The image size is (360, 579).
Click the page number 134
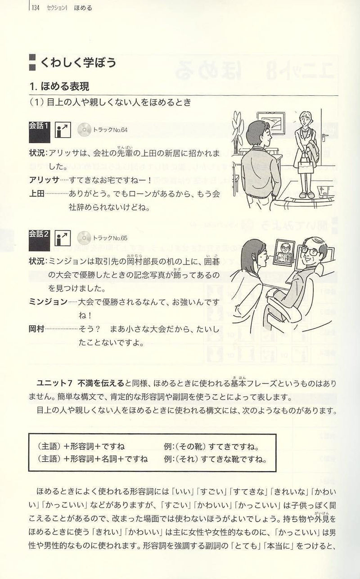point(35,8)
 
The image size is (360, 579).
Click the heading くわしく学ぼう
point(78,63)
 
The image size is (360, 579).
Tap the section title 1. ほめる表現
point(59,86)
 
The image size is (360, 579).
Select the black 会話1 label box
point(39,132)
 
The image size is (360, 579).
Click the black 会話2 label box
point(39,241)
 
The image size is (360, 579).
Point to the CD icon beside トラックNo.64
point(84,130)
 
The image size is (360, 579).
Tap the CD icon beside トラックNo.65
point(84,238)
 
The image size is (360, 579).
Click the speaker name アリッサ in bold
point(44,180)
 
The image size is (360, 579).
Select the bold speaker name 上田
point(37,193)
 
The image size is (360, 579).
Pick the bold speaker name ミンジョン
point(48,301)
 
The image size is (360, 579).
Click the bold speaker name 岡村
point(36,329)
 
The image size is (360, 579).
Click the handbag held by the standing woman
point(306,166)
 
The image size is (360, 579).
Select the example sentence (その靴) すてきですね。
point(212,446)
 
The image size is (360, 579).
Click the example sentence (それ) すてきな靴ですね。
point(216,459)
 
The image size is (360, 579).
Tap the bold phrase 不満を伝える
point(101,383)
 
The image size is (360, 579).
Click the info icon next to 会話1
point(63,130)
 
